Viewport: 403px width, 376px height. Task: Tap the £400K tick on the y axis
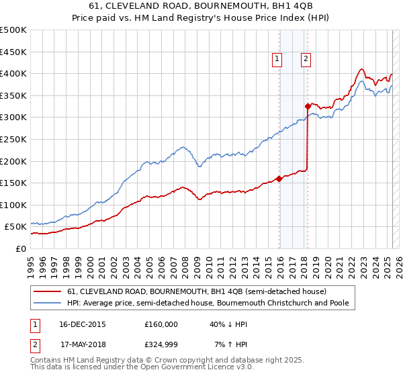(13, 73)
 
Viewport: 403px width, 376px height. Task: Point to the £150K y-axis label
(13, 183)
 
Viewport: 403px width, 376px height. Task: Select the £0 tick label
(21, 248)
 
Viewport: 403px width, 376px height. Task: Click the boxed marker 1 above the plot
(277, 60)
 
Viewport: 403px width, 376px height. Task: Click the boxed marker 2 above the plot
(306, 60)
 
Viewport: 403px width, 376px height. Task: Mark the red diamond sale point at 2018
(308, 106)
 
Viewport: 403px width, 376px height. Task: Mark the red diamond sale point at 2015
(279, 179)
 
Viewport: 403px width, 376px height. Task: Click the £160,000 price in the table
(161, 324)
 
